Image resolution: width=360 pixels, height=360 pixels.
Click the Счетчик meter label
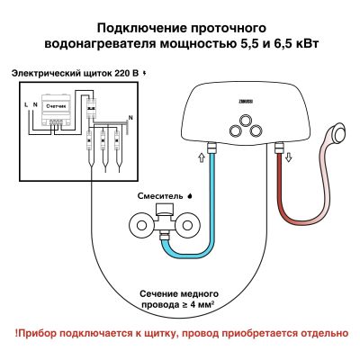(x=57, y=105)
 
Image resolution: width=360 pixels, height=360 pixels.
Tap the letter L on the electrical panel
(x=25, y=104)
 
